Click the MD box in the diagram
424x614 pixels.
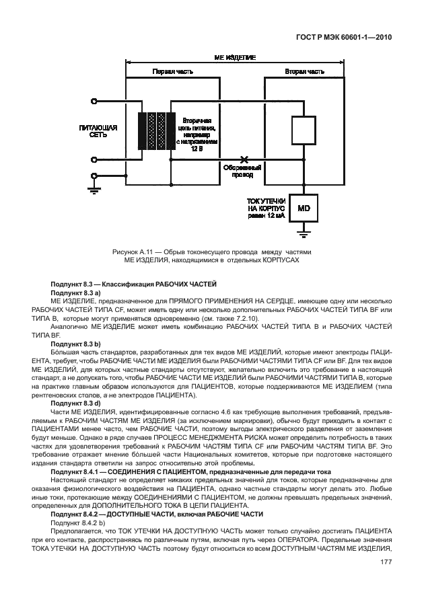click(303, 208)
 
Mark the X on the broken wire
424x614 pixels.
click(244, 160)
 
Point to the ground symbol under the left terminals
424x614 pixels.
click(92, 189)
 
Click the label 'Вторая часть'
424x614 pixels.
click(301, 71)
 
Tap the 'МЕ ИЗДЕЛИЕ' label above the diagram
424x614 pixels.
click(234, 59)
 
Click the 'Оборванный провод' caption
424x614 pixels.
click(243, 171)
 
